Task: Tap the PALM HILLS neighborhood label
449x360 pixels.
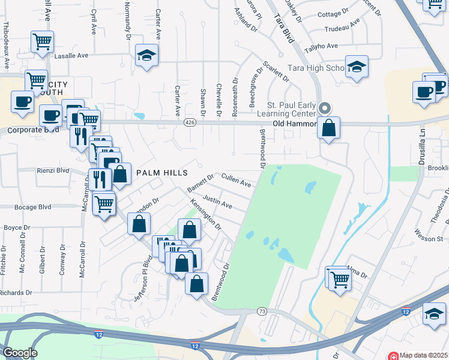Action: click(158, 172)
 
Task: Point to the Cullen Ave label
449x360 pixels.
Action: click(236, 179)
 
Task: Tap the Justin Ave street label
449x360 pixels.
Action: click(217, 201)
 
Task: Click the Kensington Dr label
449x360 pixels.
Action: click(206, 215)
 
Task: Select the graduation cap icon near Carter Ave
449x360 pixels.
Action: click(147, 55)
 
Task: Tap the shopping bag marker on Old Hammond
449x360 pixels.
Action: click(329, 127)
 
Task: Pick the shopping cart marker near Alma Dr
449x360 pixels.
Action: click(338, 278)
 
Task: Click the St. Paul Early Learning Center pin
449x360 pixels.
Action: click(325, 109)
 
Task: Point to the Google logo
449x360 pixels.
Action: click(19, 353)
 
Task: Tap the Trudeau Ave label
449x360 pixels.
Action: click(342, 28)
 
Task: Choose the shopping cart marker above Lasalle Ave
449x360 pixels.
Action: click(43, 42)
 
